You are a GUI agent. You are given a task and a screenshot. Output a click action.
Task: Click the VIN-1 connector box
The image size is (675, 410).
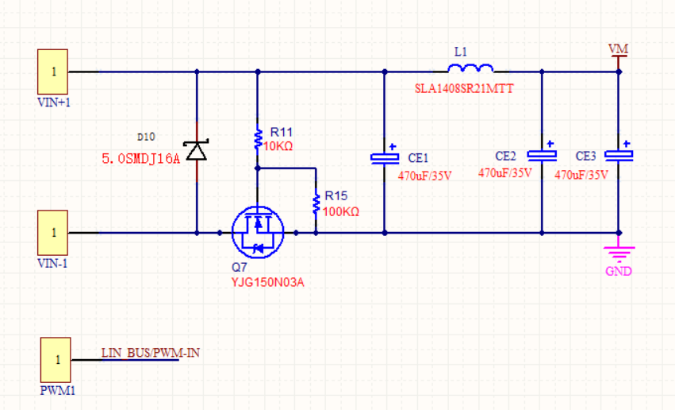pos(53,233)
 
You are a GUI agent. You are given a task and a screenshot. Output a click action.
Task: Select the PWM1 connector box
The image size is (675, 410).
pos(56,360)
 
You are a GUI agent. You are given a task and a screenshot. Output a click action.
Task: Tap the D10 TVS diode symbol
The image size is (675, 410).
pos(196,150)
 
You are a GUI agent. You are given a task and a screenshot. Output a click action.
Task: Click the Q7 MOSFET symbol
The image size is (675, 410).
pos(257,232)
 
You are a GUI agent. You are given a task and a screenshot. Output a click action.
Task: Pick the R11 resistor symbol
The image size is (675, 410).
pos(257,139)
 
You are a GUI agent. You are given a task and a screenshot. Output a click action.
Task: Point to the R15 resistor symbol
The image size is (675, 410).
pos(316,203)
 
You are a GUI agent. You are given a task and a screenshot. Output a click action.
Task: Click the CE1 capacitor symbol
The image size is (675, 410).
pos(385,157)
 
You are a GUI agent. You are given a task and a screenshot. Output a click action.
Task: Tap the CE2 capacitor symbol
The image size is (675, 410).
pos(542,155)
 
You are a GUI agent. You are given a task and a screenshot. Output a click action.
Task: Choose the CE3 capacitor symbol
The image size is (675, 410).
pos(619,154)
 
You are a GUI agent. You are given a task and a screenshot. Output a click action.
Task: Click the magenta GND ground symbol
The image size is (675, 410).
pos(619,256)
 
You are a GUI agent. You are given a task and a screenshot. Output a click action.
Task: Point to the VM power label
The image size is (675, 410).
pos(618,49)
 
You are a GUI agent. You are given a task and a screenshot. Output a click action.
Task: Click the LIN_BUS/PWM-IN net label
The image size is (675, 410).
pos(150,353)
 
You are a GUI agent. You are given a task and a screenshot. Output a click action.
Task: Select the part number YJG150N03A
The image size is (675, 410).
pos(268,282)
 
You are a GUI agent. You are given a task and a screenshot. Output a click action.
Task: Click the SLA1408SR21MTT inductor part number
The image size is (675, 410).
pos(464,89)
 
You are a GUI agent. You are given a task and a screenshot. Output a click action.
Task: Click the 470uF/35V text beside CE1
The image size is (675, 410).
pos(424,176)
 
